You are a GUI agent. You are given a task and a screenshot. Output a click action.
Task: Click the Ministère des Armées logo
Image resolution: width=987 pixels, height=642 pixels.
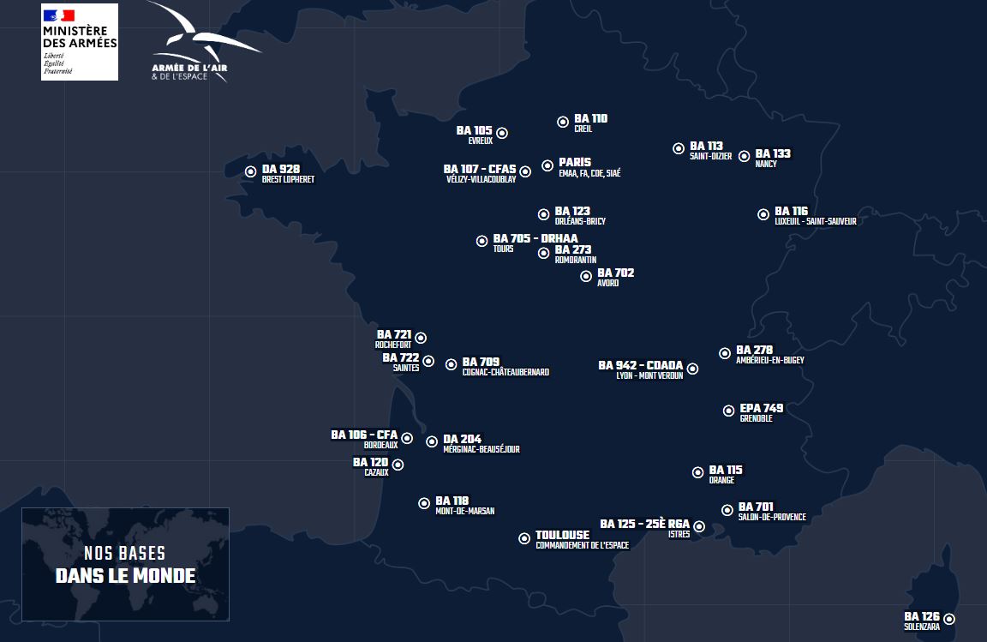point(80,42)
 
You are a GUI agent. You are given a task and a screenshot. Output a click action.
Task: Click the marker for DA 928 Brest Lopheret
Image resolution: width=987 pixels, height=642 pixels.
point(250,171)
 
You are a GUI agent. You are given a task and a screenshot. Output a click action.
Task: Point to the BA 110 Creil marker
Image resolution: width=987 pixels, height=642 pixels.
point(563,123)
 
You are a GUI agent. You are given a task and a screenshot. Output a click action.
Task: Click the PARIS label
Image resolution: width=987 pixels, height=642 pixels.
point(575,162)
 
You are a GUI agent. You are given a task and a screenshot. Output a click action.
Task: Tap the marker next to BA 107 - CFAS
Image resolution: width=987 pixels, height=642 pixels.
point(525,171)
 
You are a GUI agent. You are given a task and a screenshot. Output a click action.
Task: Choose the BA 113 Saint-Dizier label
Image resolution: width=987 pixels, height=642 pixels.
point(710,150)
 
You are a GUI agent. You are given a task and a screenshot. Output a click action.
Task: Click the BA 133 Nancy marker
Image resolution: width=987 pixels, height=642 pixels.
point(745,157)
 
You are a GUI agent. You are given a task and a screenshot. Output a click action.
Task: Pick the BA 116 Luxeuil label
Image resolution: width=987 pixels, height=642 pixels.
point(814,215)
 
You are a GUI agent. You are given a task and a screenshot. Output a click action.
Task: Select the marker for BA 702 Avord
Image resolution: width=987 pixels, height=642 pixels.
point(586,276)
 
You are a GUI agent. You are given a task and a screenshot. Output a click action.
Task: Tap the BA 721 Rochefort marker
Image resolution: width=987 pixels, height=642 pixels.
point(421,338)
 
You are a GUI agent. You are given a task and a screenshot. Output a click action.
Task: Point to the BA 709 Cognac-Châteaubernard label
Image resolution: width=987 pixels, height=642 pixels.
point(505,366)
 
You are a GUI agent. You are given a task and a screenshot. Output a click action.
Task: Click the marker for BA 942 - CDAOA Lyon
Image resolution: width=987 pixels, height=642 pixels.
point(692,369)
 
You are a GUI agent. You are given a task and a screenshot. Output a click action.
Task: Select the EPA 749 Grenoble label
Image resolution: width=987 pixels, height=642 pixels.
point(761,412)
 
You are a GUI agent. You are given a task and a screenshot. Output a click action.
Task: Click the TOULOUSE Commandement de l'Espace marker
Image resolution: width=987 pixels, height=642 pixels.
point(524,538)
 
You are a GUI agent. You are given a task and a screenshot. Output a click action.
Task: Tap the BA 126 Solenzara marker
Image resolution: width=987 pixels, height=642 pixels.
point(949,619)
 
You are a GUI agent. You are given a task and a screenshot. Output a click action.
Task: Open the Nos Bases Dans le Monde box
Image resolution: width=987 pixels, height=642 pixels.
point(125,564)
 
